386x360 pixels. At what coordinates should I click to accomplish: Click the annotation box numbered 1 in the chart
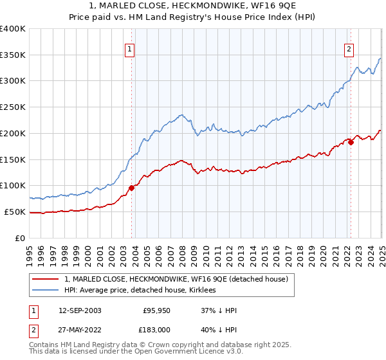point(130,48)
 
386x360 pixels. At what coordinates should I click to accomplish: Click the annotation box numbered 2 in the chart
point(349,48)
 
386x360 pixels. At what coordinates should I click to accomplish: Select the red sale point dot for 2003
point(131,188)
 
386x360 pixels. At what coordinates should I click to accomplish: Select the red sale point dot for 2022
point(351,142)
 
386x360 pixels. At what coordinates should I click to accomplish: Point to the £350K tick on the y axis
point(13,55)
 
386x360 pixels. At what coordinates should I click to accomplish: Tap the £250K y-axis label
point(13,107)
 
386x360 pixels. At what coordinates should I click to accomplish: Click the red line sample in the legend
point(46,279)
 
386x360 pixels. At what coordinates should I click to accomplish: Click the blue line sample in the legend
point(46,291)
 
